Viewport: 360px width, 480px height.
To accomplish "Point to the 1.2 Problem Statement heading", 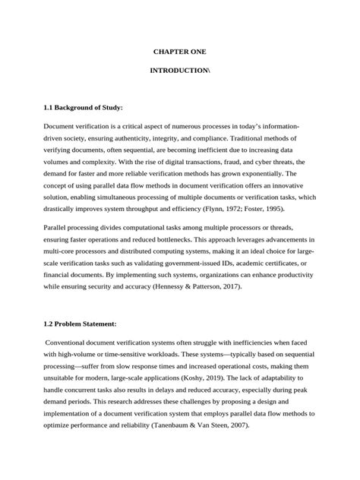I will pyautogui.click(x=80, y=324).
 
